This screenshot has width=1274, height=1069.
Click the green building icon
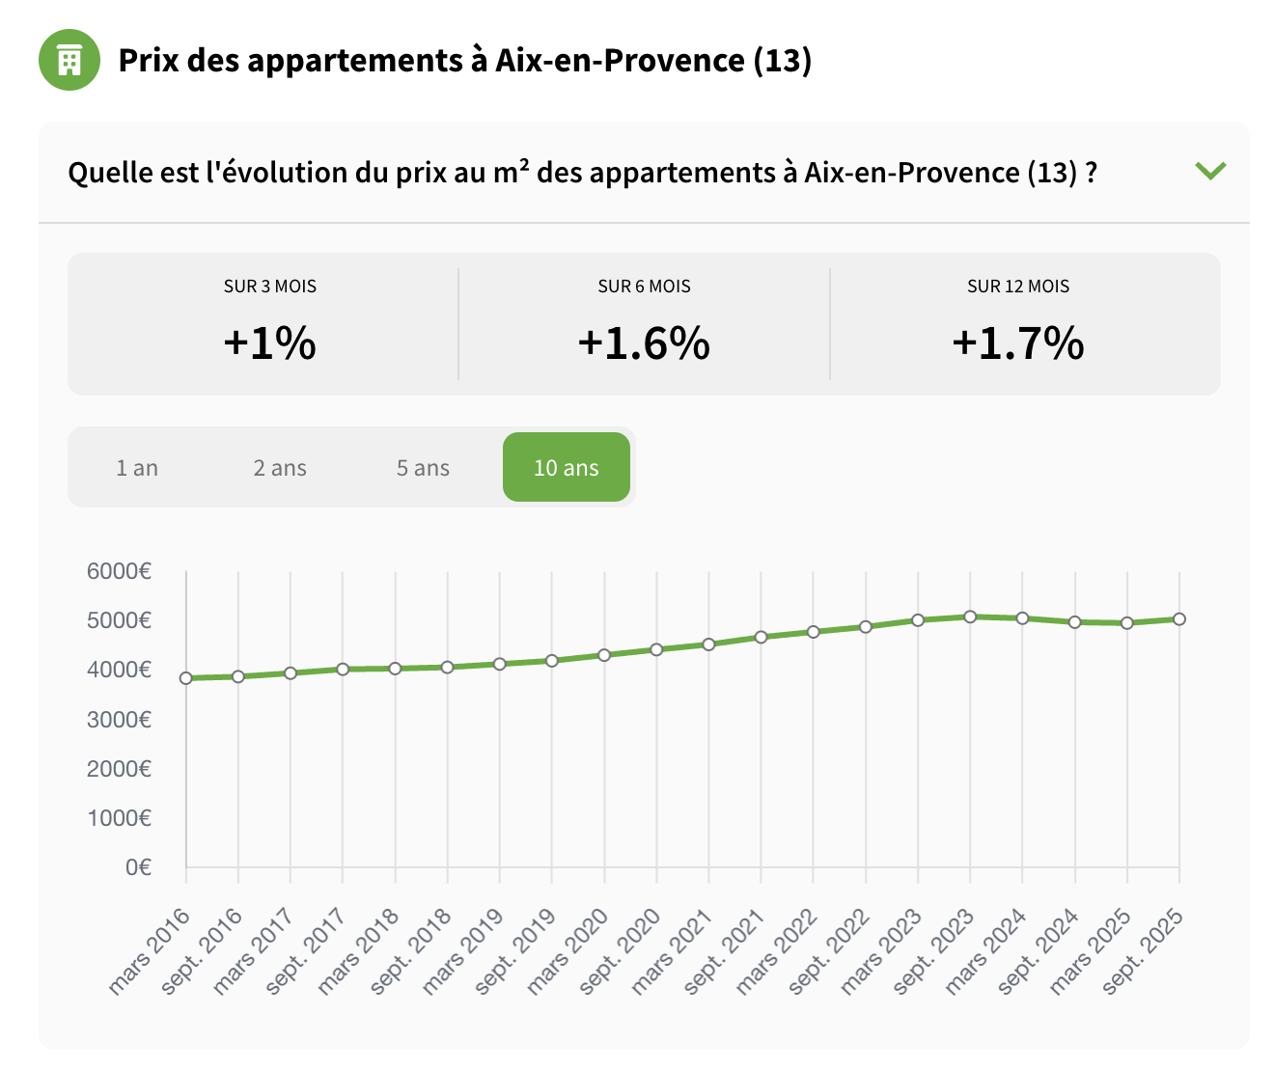click(x=69, y=60)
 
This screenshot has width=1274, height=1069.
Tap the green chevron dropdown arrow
click(x=1210, y=171)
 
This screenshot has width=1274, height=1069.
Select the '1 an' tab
click(x=137, y=468)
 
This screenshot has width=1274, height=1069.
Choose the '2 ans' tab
click(x=280, y=468)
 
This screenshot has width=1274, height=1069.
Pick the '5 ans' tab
click(x=423, y=468)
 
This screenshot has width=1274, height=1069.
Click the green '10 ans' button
click(x=567, y=468)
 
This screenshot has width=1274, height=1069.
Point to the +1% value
click(x=269, y=343)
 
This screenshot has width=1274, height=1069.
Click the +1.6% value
click(x=644, y=343)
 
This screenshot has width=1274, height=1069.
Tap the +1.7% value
click(x=1018, y=343)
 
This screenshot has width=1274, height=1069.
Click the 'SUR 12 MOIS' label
click(x=1018, y=287)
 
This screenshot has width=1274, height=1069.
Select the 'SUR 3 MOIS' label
click(x=270, y=287)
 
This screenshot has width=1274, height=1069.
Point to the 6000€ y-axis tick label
click(x=119, y=571)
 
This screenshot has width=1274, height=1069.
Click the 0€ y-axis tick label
click(x=138, y=867)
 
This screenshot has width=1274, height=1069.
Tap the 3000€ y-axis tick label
click(x=119, y=720)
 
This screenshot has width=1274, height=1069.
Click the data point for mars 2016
click(x=186, y=678)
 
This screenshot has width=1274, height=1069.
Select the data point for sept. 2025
click(x=1179, y=619)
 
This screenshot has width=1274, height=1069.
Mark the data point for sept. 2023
click(x=970, y=617)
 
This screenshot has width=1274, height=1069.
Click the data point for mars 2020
click(x=604, y=655)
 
